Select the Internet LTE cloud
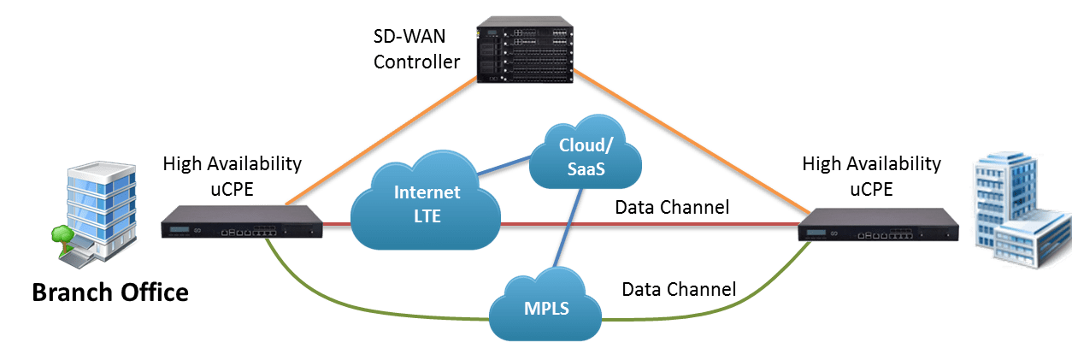(427, 204)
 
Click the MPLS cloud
(546, 306)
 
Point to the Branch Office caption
(110, 293)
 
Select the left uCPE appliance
(244, 223)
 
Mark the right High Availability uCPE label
(871, 174)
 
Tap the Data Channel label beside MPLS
(679, 289)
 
